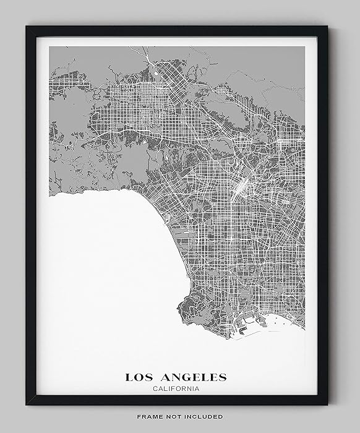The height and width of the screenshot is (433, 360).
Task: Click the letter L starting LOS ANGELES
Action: [x=129, y=377]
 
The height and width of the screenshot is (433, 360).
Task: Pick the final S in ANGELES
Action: [x=223, y=377]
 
